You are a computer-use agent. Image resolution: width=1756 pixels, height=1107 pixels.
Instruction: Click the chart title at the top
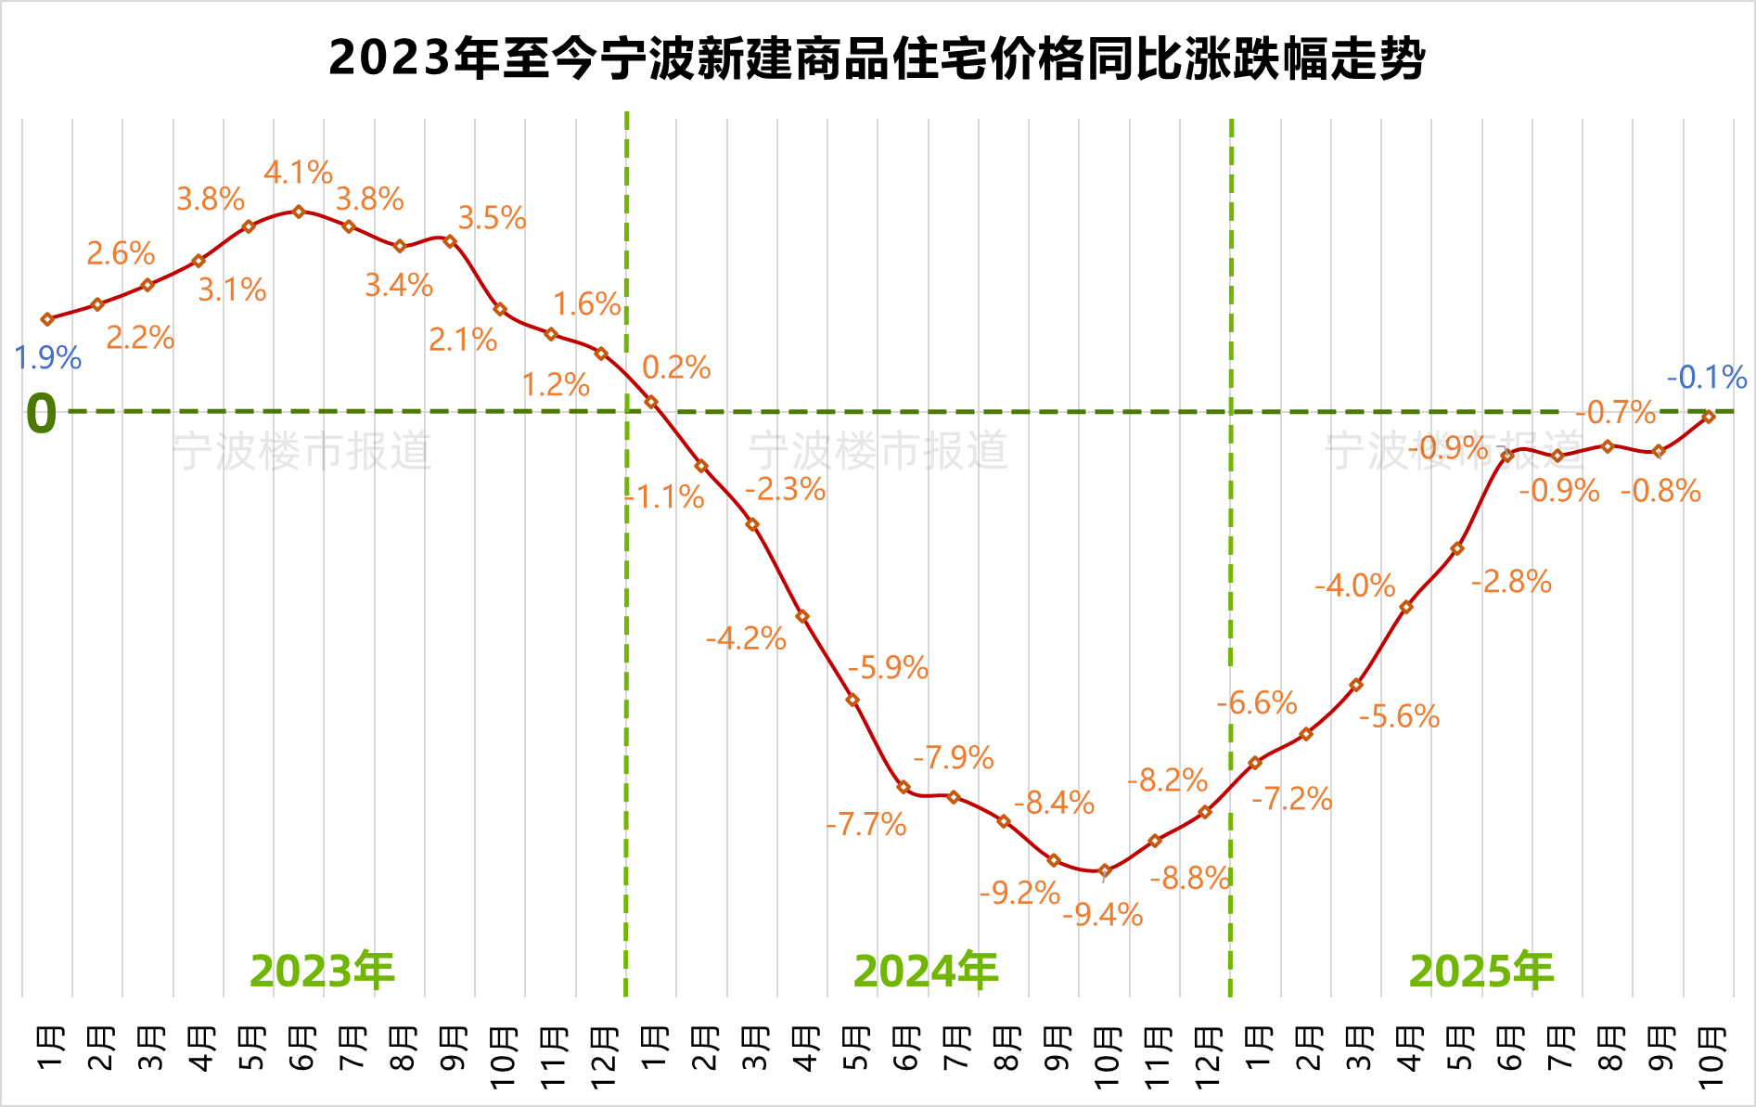[877, 58]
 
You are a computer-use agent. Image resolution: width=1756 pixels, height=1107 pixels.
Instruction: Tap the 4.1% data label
[298, 173]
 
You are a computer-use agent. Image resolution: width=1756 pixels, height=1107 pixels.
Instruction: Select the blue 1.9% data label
[48, 358]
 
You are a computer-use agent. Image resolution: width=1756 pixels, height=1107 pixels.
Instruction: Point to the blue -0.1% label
[1707, 378]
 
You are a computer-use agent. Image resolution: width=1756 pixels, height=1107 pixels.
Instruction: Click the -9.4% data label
[1102, 916]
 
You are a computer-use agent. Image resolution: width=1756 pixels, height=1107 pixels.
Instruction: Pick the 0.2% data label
[676, 367]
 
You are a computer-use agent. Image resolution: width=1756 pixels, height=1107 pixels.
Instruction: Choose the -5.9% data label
[888, 668]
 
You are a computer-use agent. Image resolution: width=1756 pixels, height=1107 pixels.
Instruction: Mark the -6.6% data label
[1256, 703]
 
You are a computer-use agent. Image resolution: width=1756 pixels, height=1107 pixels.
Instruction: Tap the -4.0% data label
[1354, 586]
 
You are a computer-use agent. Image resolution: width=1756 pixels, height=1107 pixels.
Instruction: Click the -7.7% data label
[866, 825]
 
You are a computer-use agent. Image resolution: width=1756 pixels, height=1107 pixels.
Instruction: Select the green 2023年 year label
[322, 972]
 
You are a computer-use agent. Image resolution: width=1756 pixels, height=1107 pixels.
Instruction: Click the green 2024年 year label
[925, 972]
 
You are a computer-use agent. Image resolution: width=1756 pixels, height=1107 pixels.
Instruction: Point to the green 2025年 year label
[1480, 972]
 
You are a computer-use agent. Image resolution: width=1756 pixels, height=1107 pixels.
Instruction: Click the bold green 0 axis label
[41, 413]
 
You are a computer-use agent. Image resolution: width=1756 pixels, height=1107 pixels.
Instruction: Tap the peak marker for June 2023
[299, 212]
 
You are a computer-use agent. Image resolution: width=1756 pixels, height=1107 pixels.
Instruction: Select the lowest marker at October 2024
[1104, 870]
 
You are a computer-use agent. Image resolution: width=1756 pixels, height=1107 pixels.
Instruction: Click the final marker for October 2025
[1709, 417]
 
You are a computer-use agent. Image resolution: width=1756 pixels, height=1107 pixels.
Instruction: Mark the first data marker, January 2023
[47, 319]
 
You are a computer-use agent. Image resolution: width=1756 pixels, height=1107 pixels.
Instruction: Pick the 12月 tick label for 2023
[602, 1058]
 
